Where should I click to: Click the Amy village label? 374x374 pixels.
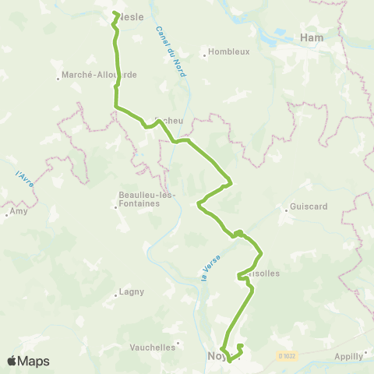[19, 211]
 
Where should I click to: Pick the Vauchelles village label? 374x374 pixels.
[153, 347]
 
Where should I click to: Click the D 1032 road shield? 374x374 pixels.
[288, 355]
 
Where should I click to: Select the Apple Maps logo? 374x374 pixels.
[28, 361]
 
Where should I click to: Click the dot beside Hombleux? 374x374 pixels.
[204, 55]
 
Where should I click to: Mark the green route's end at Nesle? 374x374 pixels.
[115, 13]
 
